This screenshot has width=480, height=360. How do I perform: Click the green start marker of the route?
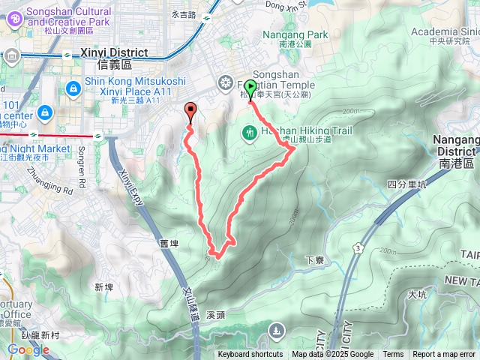tap(250, 87)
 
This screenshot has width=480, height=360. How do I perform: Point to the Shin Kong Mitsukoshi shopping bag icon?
tap(73, 88)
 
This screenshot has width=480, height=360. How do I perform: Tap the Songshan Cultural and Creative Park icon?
tap(12, 16)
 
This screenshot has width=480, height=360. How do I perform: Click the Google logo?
tap(28, 349)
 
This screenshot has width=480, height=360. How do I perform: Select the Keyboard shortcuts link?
tap(250, 355)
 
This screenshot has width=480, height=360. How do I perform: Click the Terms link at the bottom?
tap(393, 355)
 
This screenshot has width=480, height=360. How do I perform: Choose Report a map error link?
tap(444, 355)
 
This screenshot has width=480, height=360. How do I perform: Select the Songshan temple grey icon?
tap(225, 82)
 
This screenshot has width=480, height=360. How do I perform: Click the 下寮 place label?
tap(314, 260)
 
